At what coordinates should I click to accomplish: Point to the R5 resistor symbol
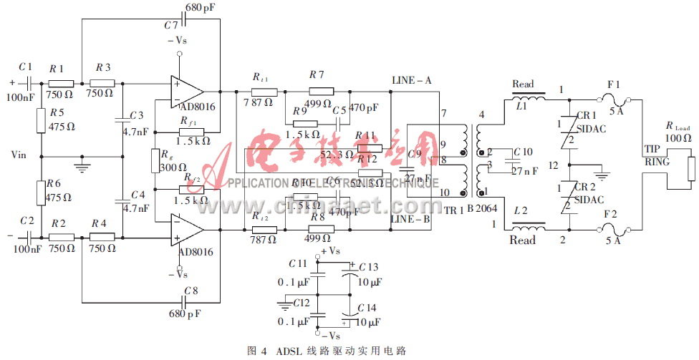click(x=42, y=122)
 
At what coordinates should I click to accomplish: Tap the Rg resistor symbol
click(x=154, y=161)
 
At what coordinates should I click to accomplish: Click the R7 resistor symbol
click(x=320, y=91)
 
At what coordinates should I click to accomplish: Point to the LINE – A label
click(x=411, y=80)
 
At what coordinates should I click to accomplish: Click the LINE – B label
click(x=411, y=219)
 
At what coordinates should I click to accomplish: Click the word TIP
click(x=652, y=149)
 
